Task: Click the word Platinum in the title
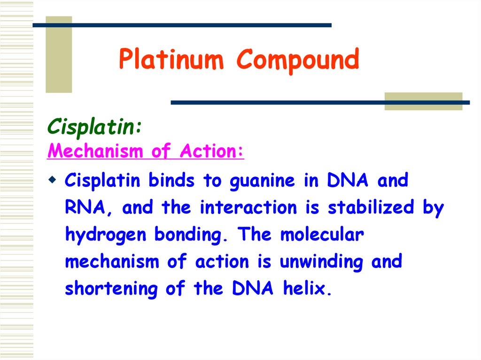(172, 61)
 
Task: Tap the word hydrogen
(106, 235)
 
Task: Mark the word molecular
(322, 235)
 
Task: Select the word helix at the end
(307, 289)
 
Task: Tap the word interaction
(248, 208)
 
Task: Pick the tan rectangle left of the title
(59, 54)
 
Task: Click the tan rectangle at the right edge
(423, 101)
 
